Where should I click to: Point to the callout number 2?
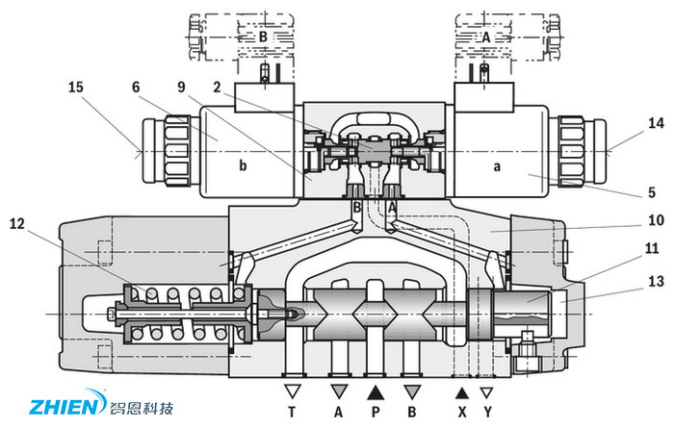219,87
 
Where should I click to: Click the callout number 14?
630,124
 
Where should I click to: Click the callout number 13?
630,281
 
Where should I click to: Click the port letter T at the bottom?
292,412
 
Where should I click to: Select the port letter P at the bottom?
376,412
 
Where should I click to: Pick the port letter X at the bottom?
462,412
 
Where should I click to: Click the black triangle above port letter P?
376,391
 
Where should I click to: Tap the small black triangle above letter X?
462,391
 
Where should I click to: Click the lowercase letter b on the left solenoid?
243,165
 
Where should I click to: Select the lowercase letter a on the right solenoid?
497,165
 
